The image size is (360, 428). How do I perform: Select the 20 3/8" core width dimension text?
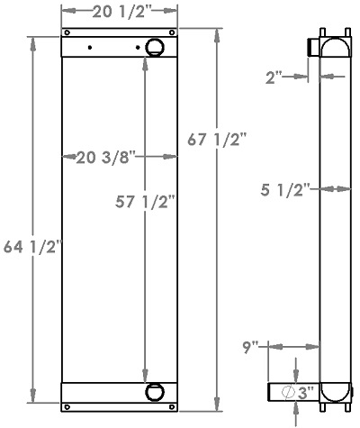pyautogui.click(x=105, y=157)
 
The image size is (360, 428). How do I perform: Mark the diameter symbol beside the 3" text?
pyautogui.click(x=287, y=392)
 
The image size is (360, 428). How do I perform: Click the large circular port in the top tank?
pyautogui.click(x=153, y=48)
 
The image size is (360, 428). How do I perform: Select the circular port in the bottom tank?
pyautogui.click(x=153, y=392)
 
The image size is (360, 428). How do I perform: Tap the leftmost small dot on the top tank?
pyautogui.click(x=90, y=48)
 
